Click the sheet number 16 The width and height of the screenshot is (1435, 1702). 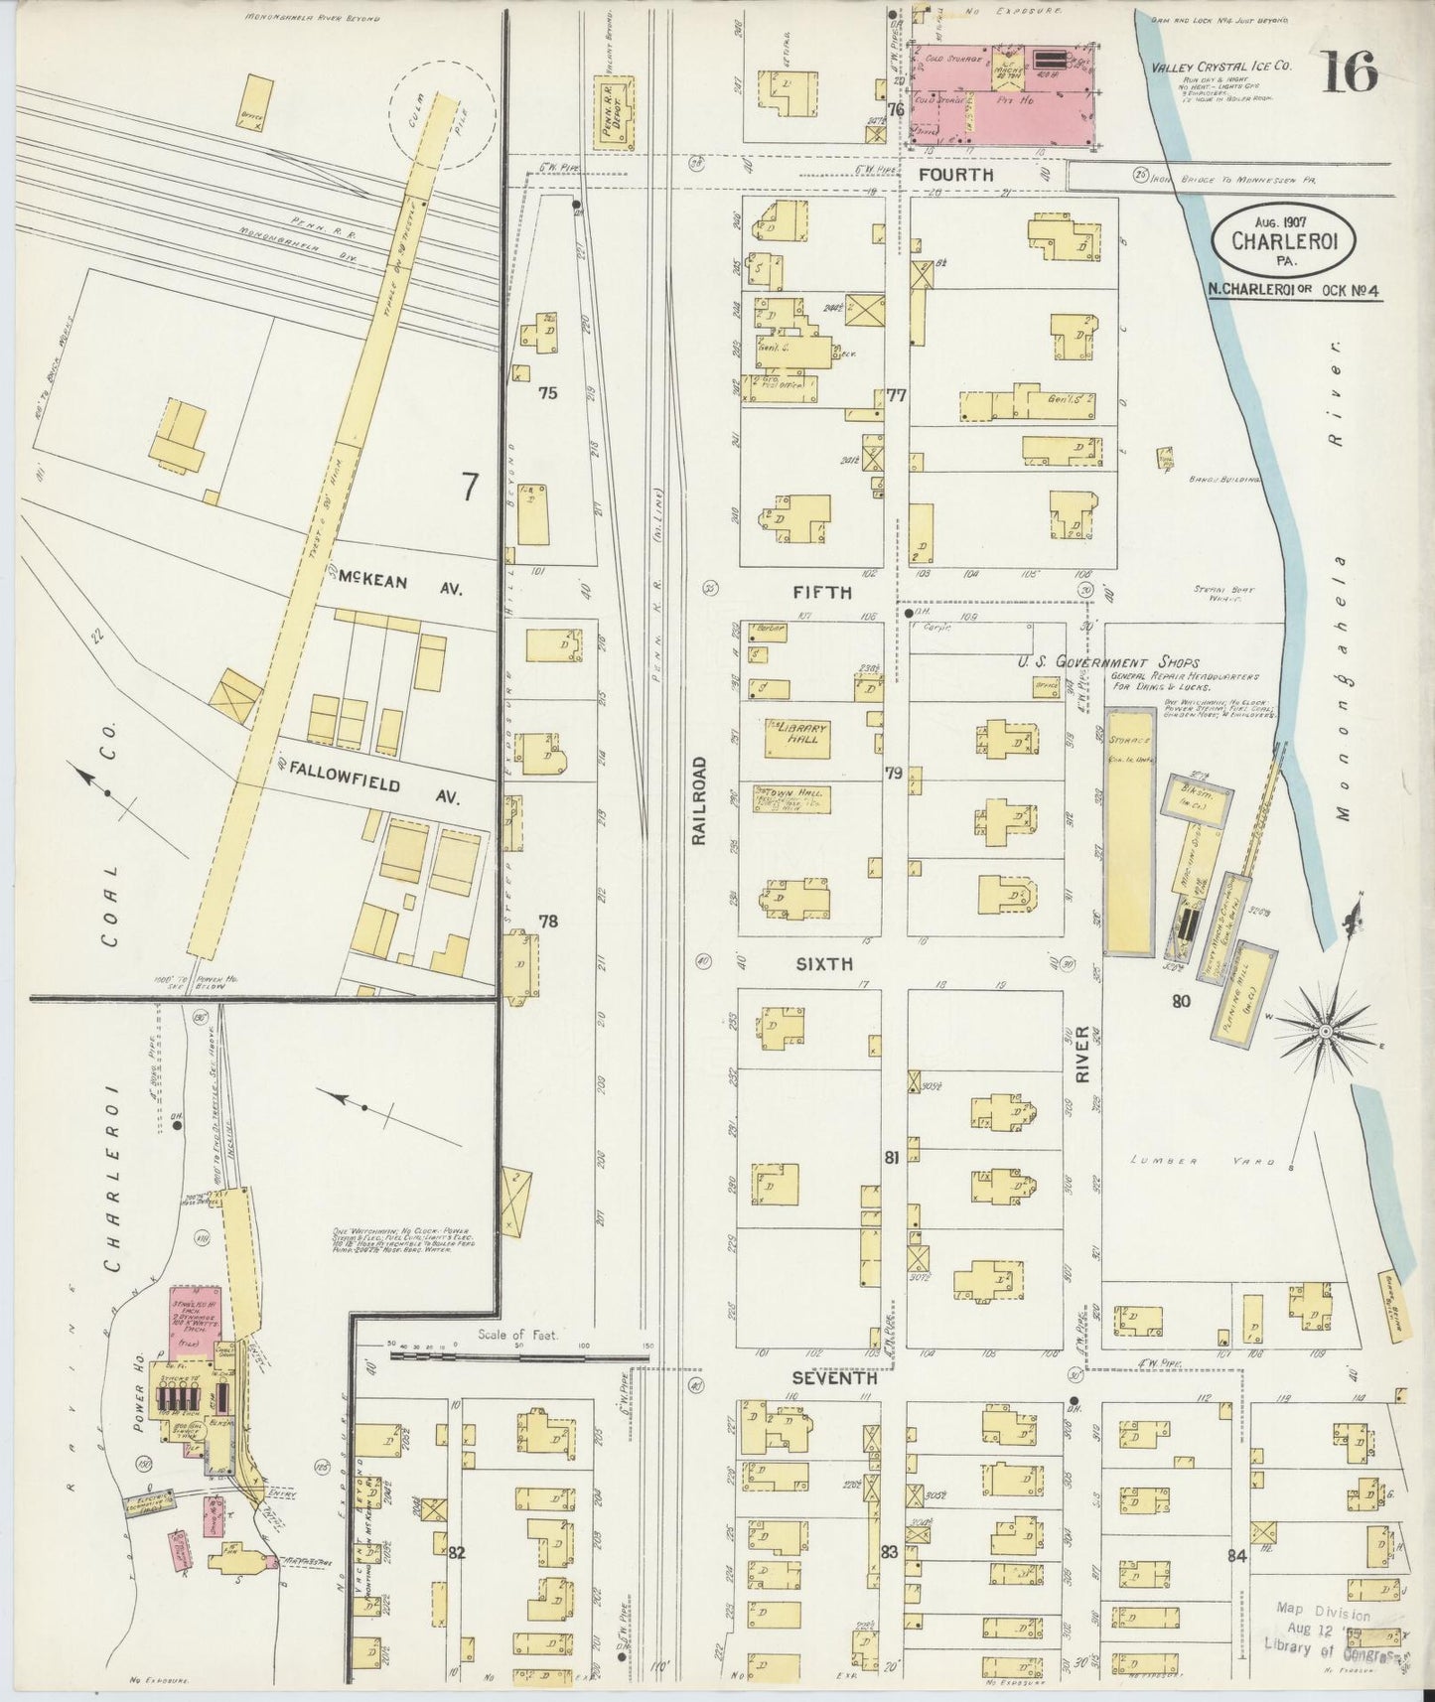(1349, 71)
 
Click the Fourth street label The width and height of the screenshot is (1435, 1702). (955, 175)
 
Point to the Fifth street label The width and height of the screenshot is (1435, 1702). (822, 592)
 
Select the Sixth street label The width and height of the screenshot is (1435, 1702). (822, 963)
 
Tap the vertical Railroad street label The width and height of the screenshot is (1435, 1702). (698, 800)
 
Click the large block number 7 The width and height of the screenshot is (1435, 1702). (469, 487)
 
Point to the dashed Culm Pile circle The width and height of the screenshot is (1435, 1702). (442, 111)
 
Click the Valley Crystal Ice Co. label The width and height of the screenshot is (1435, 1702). (1220, 68)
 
